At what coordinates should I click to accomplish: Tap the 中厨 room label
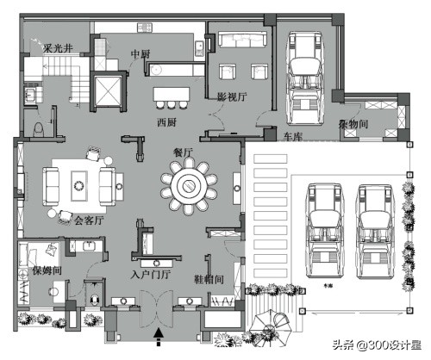tap(140, 54)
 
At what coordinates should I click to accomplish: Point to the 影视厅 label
tap(231, 96)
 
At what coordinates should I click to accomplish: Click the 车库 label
tap(293, 136)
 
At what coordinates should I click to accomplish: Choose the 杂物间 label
tap(354, 124)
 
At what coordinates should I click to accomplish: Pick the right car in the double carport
tap(374, 227)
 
